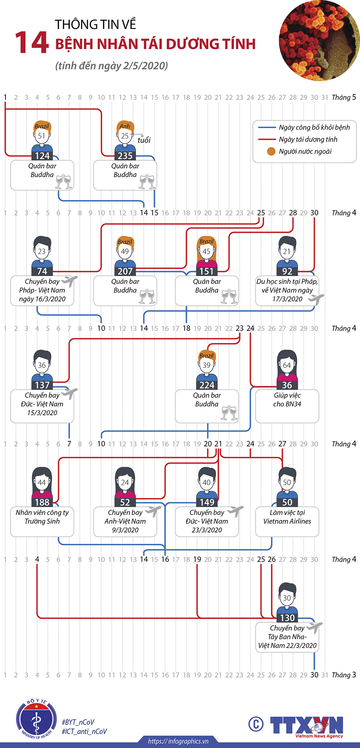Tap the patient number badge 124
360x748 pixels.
pos(42,156)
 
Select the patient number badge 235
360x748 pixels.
pos(125,156)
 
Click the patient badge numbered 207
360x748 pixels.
pos(125,271)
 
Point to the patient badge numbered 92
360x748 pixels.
pos(287,271)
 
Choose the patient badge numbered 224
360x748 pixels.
pos(207,385)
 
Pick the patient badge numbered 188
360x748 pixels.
pos(42,502)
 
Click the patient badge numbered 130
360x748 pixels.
pos(287,618)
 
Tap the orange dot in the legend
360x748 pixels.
pos(271,151)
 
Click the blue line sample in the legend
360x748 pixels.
pos(267,127)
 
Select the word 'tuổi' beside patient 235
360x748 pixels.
pos(144,140)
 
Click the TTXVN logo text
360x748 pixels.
pos(306,725)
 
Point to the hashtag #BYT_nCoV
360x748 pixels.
pos(78,722)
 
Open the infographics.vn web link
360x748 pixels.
pos(178,741)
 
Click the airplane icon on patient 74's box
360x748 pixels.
pos(69,281)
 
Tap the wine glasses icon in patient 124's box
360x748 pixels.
pos(63,181)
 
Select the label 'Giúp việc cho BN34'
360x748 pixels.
pos(287,400)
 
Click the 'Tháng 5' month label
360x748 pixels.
pos(343,97)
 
